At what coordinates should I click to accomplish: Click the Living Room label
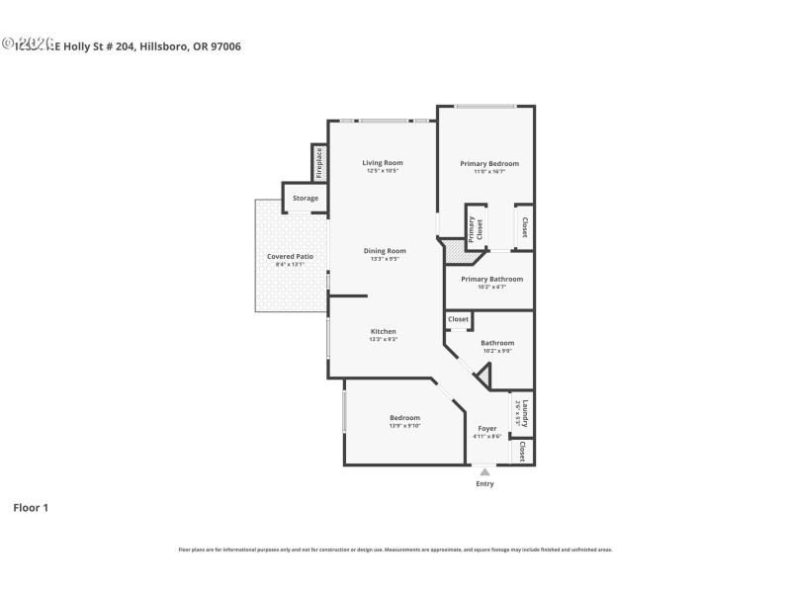[x=382, y=163]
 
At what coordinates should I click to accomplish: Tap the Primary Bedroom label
[x=488, y=164]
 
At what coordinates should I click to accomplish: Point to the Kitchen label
[x=384, y=331]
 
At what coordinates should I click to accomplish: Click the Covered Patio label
[x=290, y=257]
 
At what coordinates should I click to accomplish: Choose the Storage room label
[x=306, y=199]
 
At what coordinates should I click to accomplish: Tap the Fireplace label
[x=319, y=163]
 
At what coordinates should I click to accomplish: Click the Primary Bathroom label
[x=491, y=279]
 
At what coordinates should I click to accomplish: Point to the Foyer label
[x=486, y=429]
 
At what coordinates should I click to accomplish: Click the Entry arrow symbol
[x=484, y=472]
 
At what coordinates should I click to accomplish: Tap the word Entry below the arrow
[x=484, y=484]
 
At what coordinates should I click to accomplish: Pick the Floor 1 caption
[x=31, y=508]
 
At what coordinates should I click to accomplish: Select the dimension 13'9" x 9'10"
[x=404, y=426]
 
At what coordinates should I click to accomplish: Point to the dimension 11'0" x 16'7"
[x=488, y=172]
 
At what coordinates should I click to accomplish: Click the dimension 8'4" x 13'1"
[x=290, y=265]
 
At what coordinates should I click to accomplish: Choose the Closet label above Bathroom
[x=459, y=319]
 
